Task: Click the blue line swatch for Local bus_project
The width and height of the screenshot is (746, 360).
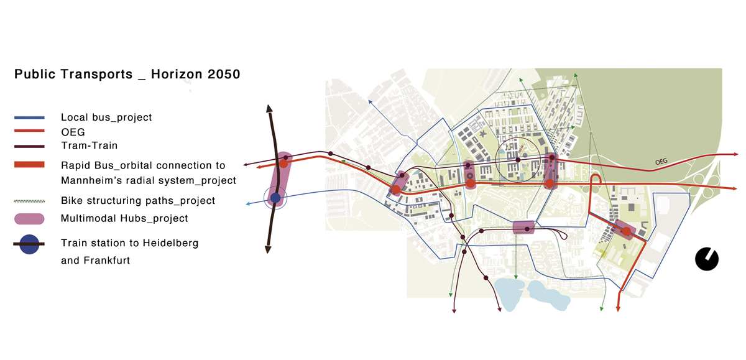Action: pyautogui.click(x=29, y=117)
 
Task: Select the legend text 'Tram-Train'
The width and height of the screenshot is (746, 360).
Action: pyautogui.click(x=89, y=145)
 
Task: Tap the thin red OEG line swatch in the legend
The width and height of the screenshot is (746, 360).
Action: pyautogui.click(x=29, y=131)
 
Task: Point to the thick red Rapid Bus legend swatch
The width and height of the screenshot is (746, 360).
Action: pyautogui.click(x=29, y=165)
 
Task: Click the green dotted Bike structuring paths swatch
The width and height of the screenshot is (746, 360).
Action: pyautogui.click(x=29, y=201)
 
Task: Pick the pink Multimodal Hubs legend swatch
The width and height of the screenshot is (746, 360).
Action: pyautogui.click(x=29, y=218)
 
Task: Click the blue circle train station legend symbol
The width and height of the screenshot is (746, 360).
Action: pyautogui.click(x=29, y=244)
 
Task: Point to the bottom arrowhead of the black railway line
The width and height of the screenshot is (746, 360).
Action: pyautogui.click(x=268, y=249)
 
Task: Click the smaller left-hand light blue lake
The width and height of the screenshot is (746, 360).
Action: pyautogui.click(x=510, y=292)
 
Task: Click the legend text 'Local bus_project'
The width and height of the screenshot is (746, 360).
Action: pyautogui.click(x=106, y=117)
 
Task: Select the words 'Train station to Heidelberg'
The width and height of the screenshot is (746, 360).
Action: pyautogui.click(x=129, y=243)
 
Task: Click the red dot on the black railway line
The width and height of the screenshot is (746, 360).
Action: pyautogui.click(x=283, y=164)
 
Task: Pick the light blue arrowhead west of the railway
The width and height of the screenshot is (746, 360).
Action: pyautogui.click(x=249, y=204)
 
